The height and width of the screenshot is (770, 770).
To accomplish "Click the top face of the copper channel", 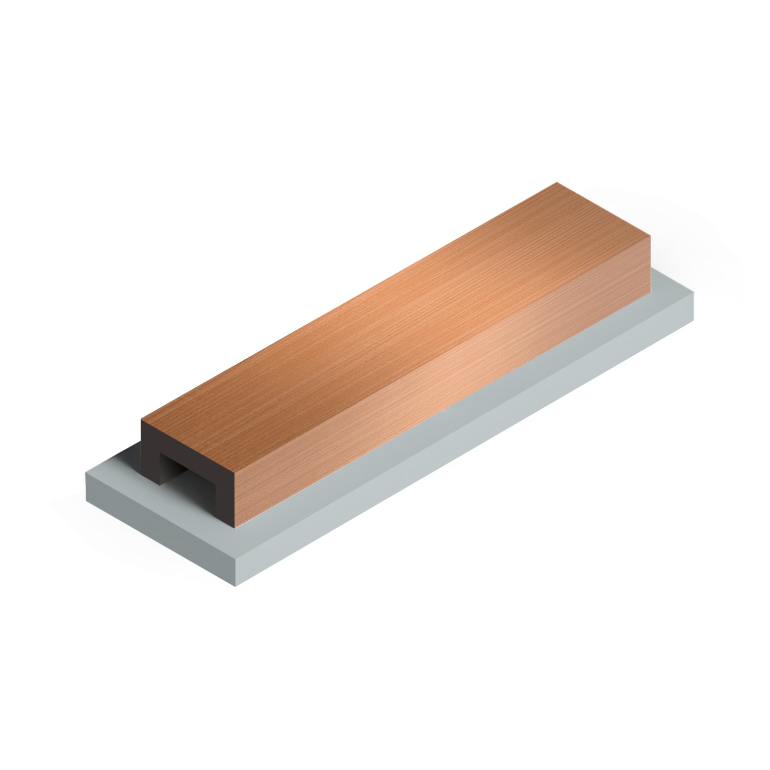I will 386,307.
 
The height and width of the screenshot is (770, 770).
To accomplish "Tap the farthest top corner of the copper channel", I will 557,183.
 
